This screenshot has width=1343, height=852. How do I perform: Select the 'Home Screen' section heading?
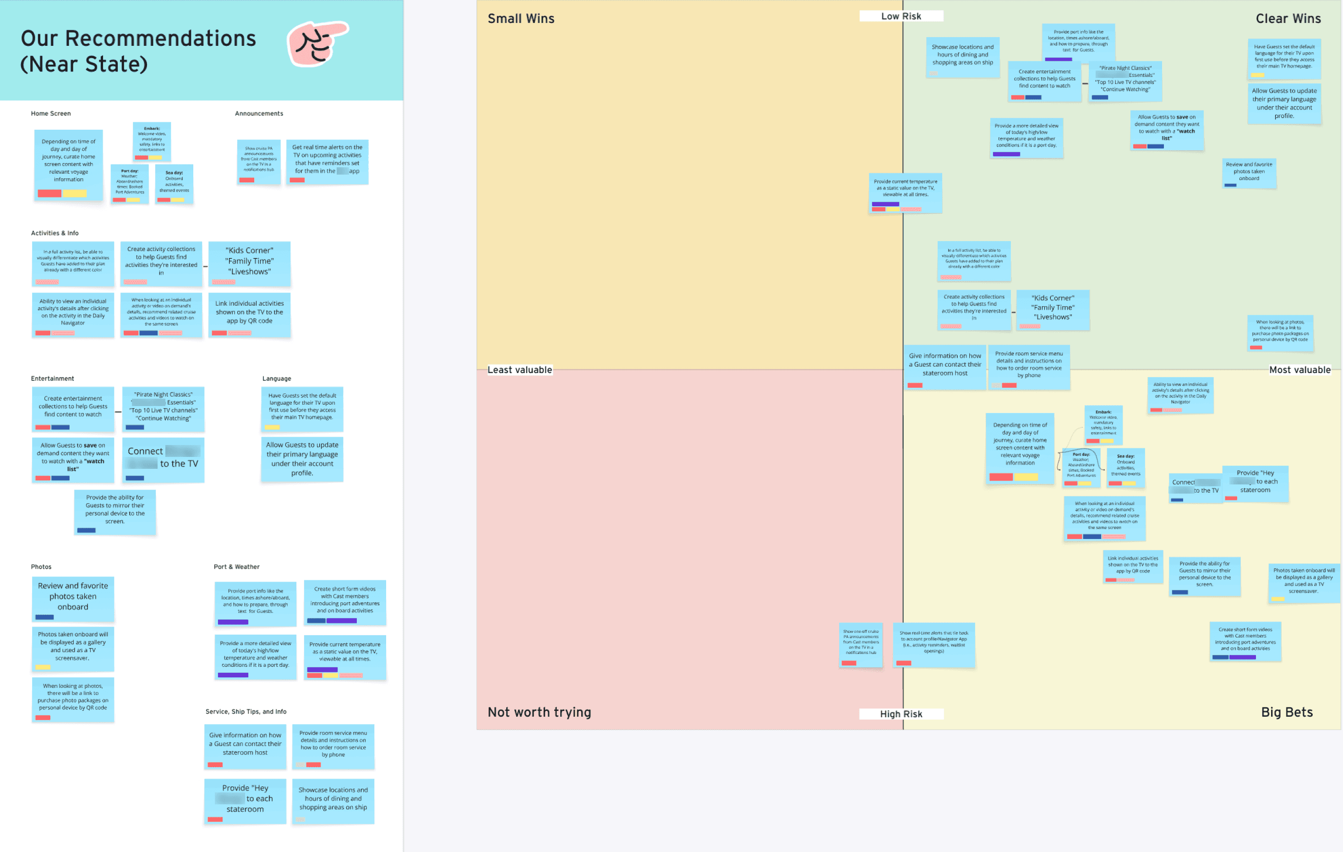pos(51,113)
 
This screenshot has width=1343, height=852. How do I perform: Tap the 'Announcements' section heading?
pos(259,113)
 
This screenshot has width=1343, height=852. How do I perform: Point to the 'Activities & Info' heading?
pos(55,233)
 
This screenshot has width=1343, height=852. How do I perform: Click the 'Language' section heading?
pos(277,378)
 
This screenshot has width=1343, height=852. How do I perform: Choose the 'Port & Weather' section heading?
pos(236,566)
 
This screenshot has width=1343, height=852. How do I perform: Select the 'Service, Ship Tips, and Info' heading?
pos(246,711)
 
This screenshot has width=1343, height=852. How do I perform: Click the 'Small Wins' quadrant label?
pos(521,18)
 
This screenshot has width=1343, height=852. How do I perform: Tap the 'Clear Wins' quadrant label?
pos(1288,18)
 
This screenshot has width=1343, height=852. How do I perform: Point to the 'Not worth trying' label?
pos(539,712)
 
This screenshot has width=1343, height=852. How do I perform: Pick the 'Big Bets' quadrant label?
pos(1287,712)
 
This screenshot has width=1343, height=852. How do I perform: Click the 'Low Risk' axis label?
pos(901,16)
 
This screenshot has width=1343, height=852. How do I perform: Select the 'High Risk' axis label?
pos(901,714)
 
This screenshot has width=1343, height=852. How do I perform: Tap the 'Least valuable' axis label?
pos(520,369)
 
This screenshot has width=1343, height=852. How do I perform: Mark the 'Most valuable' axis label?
pos(1299,369)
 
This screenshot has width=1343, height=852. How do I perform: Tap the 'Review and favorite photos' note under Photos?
pos(73,597)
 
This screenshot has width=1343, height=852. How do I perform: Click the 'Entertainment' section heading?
pos(52,378)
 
